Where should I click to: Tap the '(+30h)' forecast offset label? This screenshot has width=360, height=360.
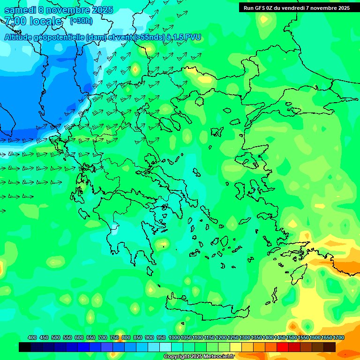[81, 21]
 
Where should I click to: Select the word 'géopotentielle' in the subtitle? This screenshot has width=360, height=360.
[60, 37]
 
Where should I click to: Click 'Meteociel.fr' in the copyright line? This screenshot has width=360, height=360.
[211, 356]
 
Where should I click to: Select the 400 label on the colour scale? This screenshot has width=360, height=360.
[32, 338]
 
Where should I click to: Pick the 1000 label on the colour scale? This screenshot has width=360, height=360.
[174, 338]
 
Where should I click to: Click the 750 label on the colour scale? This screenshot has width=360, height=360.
[114, 338]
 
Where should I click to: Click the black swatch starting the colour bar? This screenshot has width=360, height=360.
[25, 347]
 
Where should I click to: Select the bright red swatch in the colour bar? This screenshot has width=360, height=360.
[283, 347]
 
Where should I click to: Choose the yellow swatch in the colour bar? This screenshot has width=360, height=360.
[236, 347]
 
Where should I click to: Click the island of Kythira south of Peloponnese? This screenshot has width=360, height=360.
[150, 271]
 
